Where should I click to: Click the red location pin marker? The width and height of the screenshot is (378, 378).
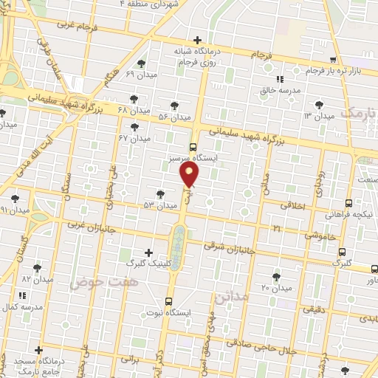tap(190, 175)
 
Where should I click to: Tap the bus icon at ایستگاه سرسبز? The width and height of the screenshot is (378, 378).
tap(193, 146)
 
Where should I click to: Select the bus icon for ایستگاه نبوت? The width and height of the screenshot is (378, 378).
tap(169, 301)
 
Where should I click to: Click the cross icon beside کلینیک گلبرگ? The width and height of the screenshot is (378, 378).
tap(151, 252)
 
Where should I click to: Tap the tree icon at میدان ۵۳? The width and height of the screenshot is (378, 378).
tap(160, 194)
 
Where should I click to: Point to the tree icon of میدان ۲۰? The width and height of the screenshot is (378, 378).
tap(277, 277)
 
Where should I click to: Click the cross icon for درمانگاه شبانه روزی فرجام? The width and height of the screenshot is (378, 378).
tap(196, 40)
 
